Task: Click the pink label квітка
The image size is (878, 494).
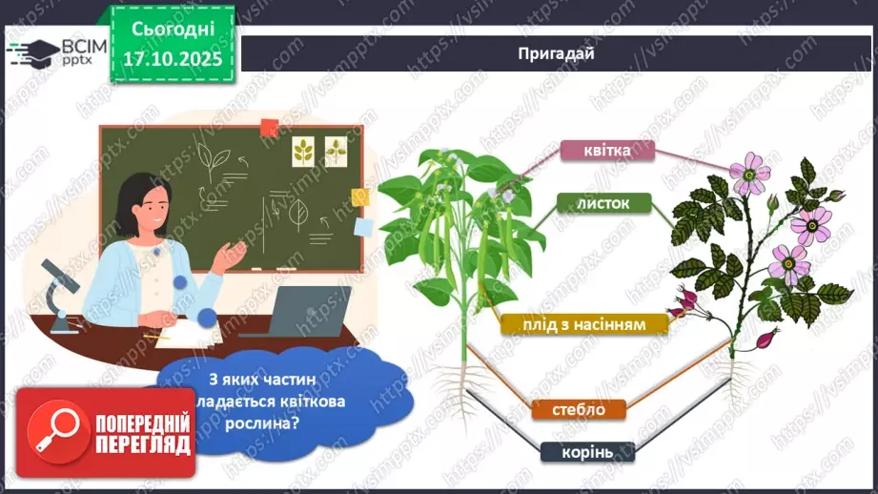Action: pos(606,151)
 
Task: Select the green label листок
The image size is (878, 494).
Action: pos(605,202)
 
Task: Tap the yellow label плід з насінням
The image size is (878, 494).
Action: pos(584,324)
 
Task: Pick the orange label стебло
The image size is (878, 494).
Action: pos(579,410)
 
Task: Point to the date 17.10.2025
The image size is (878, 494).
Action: pos(173,58)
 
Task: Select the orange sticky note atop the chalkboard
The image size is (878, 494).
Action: pos(269,126)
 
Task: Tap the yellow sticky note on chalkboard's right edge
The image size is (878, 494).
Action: pos(359,197)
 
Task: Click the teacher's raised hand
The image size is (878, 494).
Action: pos(233,251)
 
